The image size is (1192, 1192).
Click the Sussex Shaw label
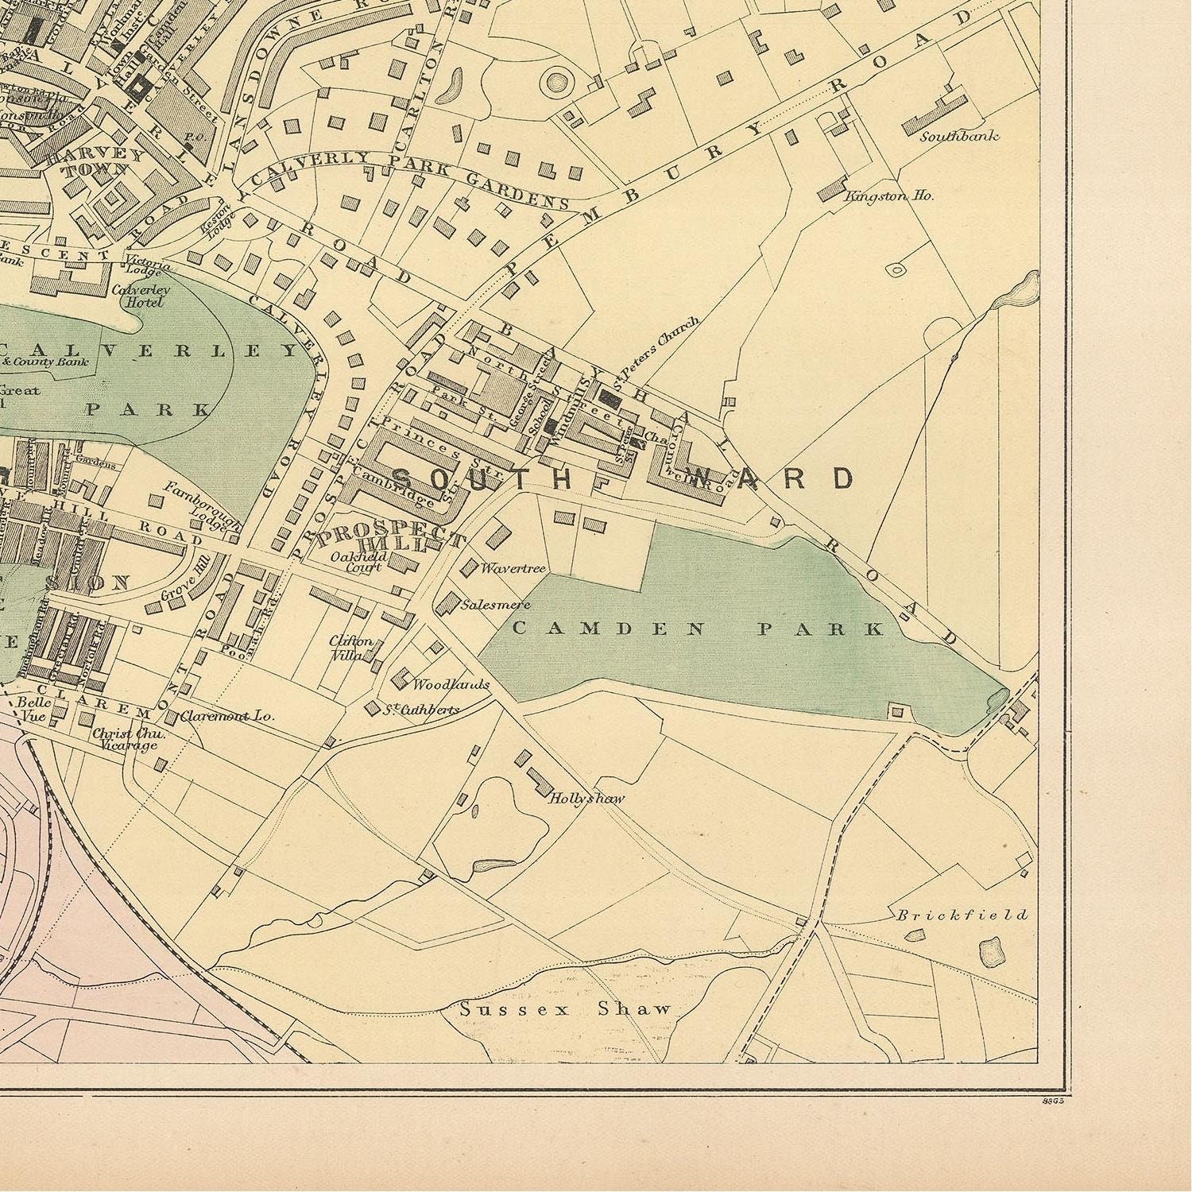566,1009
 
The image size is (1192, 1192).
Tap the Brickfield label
962,915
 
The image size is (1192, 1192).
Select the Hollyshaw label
586,799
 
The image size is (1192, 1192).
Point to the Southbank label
959,136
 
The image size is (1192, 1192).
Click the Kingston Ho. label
888,195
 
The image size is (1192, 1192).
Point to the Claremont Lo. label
226,715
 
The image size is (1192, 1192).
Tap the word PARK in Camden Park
819,629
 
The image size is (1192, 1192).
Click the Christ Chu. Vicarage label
123,739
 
